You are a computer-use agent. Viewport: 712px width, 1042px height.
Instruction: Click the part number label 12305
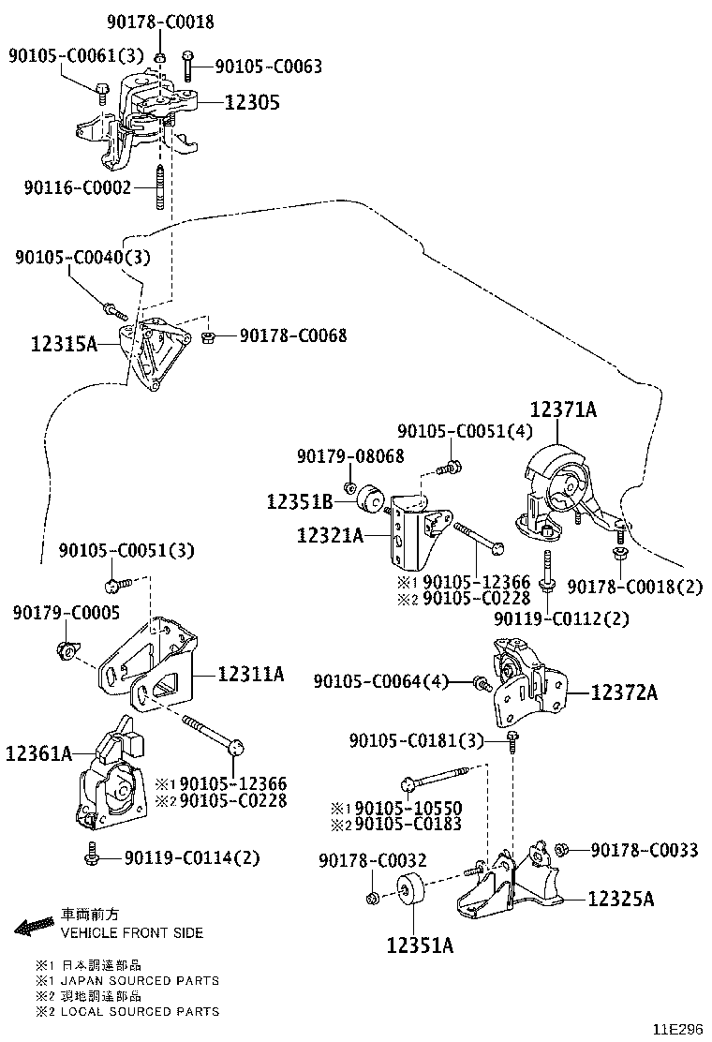click(252, 102)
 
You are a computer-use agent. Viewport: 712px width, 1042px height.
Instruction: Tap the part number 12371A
click(563, 409)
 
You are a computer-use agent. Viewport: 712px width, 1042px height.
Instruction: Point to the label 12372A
click(624, 692)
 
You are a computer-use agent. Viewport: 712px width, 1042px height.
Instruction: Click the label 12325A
click(621, 899)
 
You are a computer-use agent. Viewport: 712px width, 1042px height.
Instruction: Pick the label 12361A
click(38, 752)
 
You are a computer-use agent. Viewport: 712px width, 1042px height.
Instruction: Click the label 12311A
click(251, 673)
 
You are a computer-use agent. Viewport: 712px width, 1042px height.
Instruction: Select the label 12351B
click(300, 502)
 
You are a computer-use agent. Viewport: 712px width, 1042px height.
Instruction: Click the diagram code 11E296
click(677, 1028)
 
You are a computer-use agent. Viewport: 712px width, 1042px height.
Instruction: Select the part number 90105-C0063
click(268, 67)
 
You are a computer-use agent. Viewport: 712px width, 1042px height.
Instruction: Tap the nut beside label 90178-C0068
click(211, 335)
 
